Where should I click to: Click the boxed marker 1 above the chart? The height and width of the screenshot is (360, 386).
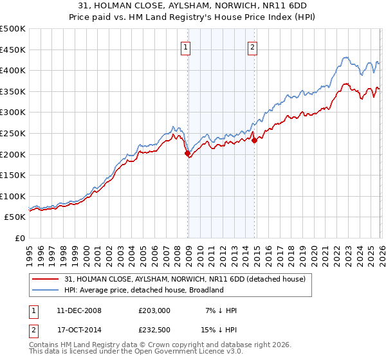[185, 46]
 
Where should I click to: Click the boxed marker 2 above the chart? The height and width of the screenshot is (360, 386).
[252, 46]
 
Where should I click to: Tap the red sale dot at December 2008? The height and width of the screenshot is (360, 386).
[187, 154]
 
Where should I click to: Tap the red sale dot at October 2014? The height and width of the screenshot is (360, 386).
[254, 141]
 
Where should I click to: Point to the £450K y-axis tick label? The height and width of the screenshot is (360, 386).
[13, 50]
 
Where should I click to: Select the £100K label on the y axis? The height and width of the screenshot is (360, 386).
[13, 196]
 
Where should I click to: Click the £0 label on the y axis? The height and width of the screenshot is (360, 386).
[19, 238]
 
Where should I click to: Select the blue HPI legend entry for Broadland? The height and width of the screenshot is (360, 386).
[143, 290]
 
